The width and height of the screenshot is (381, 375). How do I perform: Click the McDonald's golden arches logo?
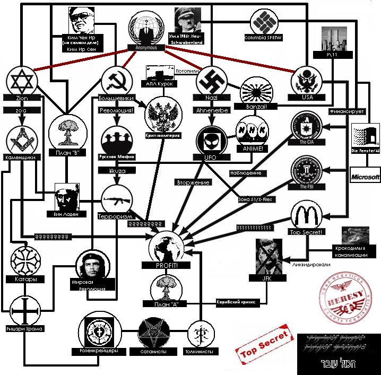pos(305,216)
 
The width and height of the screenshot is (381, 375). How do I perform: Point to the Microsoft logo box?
pos(366,176)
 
